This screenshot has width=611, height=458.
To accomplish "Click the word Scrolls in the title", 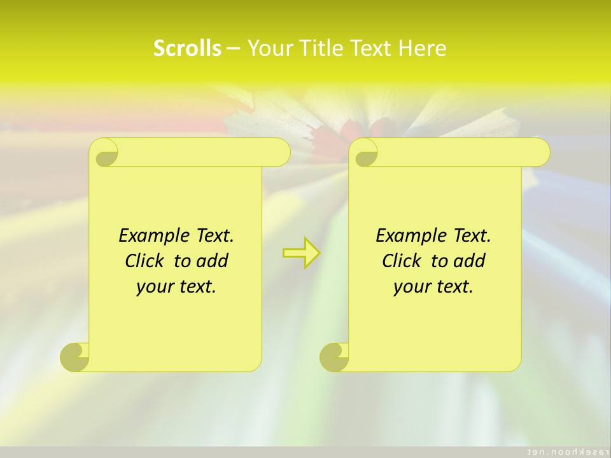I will point(187,48).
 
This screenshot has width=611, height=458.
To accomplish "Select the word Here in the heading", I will point(423,48).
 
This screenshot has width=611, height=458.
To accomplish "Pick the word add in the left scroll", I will point(213,261).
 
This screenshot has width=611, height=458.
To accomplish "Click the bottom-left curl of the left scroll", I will point(75,357).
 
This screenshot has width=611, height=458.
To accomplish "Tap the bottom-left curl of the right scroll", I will point(334,357).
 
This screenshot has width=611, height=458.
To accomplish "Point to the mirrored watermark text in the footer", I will point(564,451).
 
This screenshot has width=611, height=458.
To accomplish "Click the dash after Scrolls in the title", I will point(234,48).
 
